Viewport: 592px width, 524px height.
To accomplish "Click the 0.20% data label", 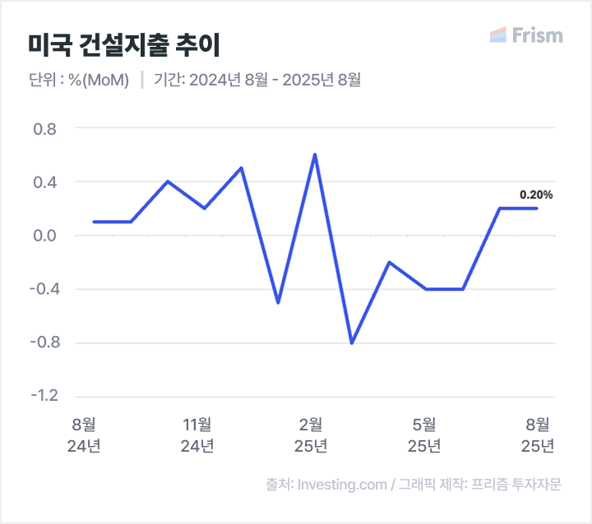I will point(536,195).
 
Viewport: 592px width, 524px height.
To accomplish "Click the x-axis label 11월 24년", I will point(197,434).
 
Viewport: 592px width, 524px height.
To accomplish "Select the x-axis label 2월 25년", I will point(311,434).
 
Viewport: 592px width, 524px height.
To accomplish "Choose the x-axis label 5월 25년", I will point(424,434).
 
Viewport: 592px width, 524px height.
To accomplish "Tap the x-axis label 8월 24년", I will point(84,434).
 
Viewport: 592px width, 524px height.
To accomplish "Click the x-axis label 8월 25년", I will point(538,434).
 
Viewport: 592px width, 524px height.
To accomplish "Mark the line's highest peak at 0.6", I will point(315,154).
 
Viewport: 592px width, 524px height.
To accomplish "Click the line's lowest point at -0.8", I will point(352,342).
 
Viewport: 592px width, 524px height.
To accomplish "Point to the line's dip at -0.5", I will point(278,302).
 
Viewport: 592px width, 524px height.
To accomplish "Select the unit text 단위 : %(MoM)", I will point(78,80).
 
